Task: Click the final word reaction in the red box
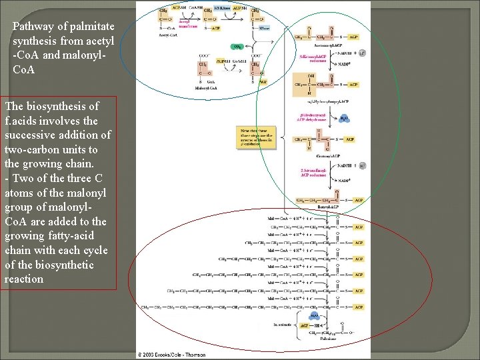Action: click(23, 279)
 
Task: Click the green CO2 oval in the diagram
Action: click(237, 47)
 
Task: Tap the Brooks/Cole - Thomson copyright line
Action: click(173, 355)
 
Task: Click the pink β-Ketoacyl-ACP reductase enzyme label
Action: click(312, 58)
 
